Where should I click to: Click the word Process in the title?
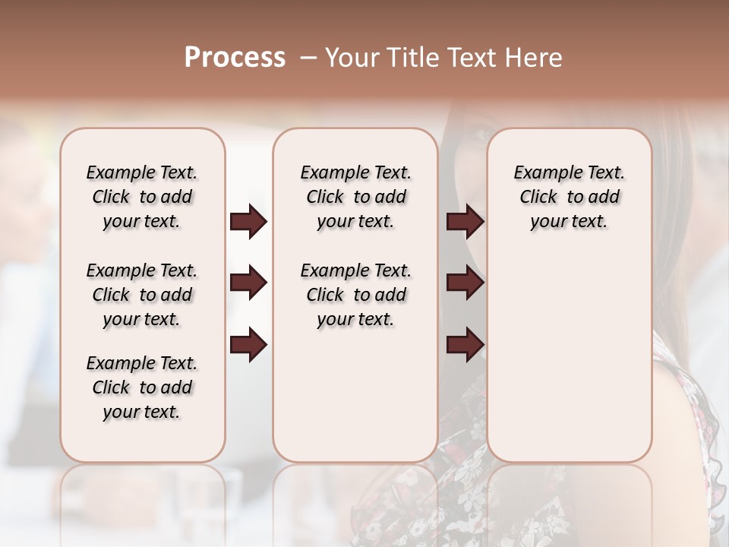[x=235, y=58]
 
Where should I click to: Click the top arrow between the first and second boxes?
[x=248, y=222]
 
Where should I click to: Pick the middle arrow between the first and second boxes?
[x=248, y=283]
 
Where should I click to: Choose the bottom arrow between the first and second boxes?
[x=248, y=344]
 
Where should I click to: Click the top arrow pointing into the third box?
[x=465, y=222]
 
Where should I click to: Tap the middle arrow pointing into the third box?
[x=465, y=283]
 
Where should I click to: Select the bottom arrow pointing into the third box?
[x=465, y=344]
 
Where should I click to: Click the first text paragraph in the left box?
[x=142, y=197]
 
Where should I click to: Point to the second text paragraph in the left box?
[x=142, y=295]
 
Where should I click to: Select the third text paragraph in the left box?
[x=142, y=387]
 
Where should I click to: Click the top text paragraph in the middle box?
[x=355, y=197]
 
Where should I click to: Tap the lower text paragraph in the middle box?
[x=355, y=295]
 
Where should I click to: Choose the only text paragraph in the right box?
[x=569, y=197]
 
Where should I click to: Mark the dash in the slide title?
[x=308, y=58]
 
